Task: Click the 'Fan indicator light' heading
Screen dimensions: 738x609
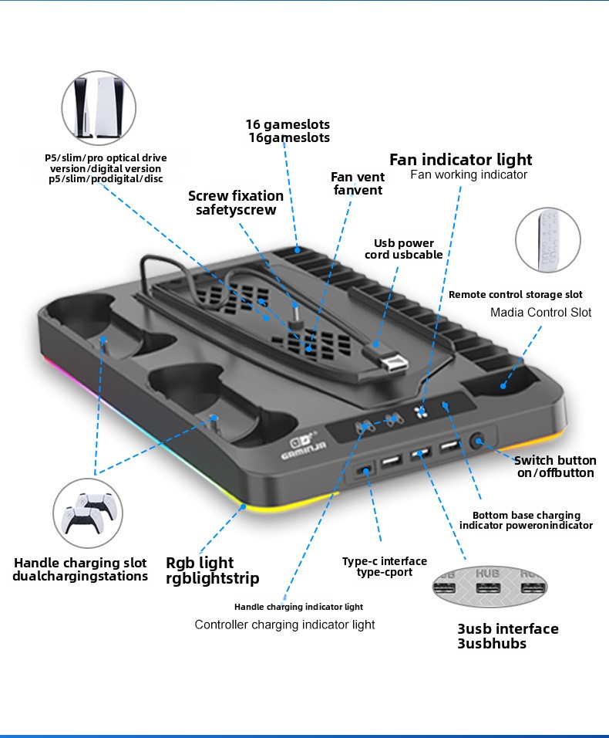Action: coord(460,160)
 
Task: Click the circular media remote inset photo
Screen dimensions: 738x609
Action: coord(548,239)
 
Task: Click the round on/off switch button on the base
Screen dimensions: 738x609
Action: coord(479,442)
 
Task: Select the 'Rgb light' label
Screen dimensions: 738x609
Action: coord(200,563)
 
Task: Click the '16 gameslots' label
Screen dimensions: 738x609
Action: coord(287,124)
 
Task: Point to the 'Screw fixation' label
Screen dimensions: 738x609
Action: coord(236,196)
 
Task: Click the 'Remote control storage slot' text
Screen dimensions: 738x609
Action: coord(515,294)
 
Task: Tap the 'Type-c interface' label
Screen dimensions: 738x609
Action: coord(384,561)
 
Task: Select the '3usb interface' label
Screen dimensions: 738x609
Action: coord(507,628)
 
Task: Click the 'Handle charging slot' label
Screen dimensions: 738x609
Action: coord(80,563)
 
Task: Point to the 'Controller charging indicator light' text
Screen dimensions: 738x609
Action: coord(284,624)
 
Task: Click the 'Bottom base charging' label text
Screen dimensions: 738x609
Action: coord(526,515)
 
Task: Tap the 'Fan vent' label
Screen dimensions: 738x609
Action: coord(358,178)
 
